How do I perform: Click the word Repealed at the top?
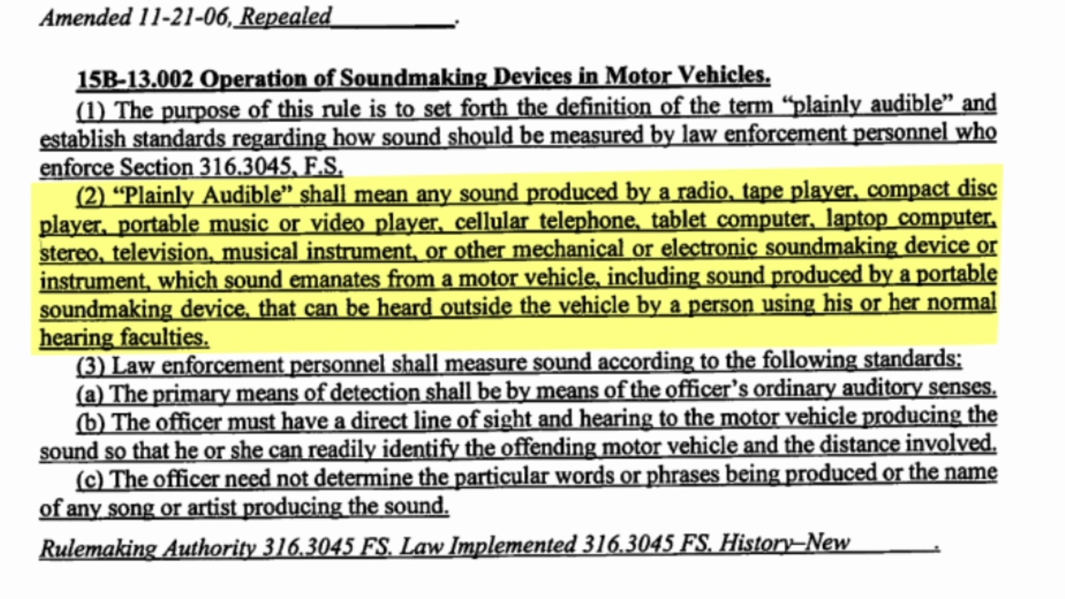point(286,17)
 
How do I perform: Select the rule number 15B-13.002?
point(135,79)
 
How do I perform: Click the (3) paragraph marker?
point(90,366)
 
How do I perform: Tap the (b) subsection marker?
point(90,423)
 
